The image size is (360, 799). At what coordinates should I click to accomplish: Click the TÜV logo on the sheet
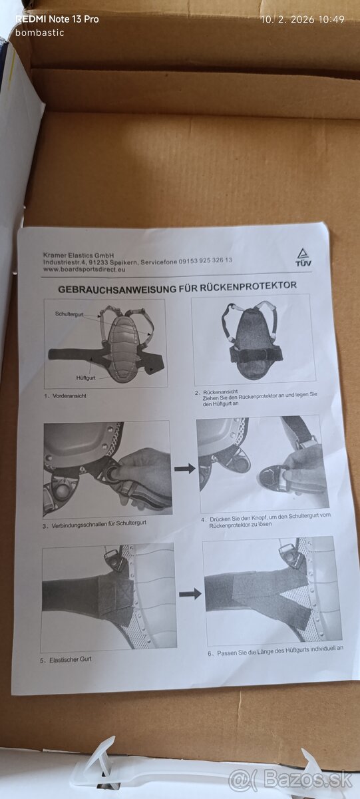point(303,257)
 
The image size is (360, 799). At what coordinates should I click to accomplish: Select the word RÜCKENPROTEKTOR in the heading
point(248,286)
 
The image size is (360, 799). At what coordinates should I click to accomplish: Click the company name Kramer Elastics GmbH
point(79,256)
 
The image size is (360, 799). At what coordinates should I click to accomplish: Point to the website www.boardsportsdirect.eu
point(84,269)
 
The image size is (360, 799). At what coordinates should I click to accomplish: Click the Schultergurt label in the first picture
point(69,314)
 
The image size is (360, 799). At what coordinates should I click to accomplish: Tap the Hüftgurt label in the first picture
point(86,378)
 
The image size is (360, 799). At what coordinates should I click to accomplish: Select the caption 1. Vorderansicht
point(65,396)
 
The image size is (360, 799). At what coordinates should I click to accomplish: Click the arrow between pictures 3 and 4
point(184,467)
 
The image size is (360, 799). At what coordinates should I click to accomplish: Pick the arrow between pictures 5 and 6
point(190,594)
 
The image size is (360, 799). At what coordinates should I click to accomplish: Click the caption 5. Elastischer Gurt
point(66,660)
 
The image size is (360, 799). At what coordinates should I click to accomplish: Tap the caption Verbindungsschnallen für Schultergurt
point(98,523)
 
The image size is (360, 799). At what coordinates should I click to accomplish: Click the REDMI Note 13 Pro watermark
point(57,19)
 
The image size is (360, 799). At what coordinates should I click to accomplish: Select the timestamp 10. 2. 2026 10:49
point(303,19)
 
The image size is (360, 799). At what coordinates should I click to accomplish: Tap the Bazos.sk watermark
point(290,780)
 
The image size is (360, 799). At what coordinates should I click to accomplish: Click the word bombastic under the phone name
point(39,33)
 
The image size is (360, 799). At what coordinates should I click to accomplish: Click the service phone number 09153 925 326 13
point(206,260)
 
